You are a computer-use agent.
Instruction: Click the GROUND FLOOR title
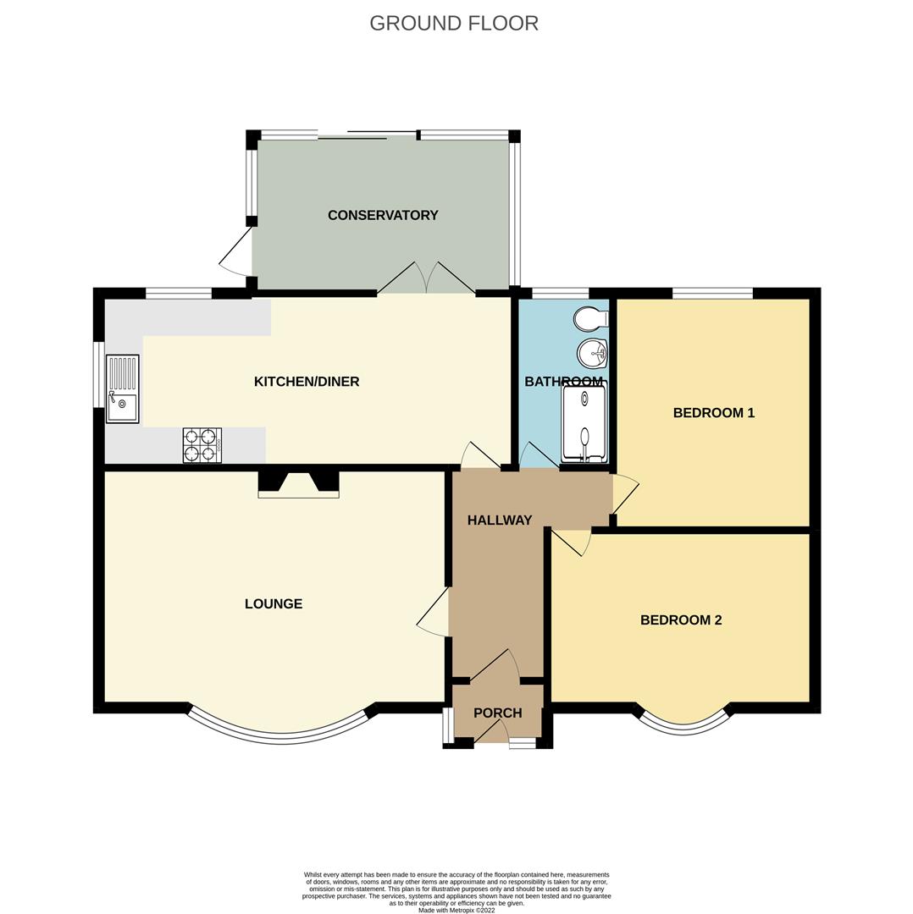click(454, 24)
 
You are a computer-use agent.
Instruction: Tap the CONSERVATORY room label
click(383, 215)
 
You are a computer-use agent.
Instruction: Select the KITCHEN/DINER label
click(307, 382)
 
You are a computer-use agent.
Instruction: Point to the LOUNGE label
click(274, 603)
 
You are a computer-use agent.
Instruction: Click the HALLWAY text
click(500, 520)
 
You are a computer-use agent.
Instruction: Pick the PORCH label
click(497, 713)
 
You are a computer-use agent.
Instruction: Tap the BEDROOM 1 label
click(713, 413)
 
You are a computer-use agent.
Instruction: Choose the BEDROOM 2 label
click(681, 619)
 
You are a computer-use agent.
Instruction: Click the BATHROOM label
click(563, 382)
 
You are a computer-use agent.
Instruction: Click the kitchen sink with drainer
click(122, 388)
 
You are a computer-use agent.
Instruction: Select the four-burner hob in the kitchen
click(202, 445)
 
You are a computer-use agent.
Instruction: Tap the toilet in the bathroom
click(589, 319)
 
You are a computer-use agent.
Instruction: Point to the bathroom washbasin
click(591, 352)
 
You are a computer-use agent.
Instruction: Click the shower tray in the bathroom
click(585, 423)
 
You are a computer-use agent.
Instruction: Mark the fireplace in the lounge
click(298, 484)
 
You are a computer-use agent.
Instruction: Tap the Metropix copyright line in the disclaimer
click(456, 910)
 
